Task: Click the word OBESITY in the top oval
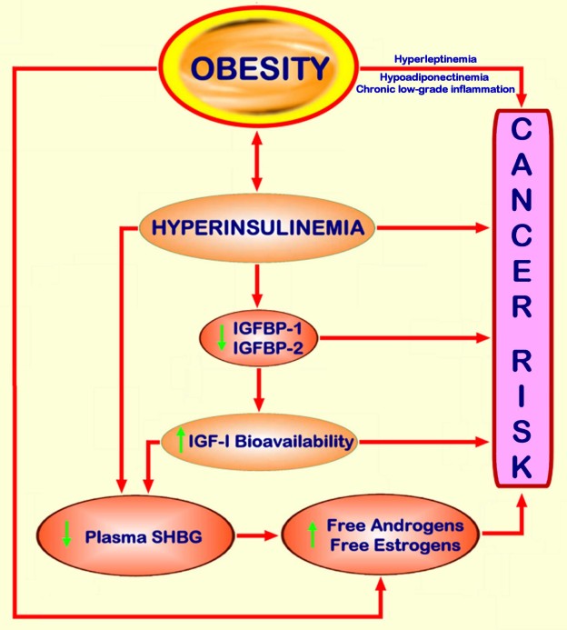coord(260,68)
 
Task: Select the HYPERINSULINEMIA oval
coord(257,228)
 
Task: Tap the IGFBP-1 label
coord(267,329)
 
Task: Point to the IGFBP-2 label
coord(268,348)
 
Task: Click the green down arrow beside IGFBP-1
coord(222,338)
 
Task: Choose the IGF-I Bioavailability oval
coord(259,442)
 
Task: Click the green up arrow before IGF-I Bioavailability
coord(181,440)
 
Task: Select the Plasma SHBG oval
coord(135,536)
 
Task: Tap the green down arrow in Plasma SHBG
coord(66,534)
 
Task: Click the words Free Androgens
coord(395,525)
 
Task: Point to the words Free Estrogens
coord(395,545)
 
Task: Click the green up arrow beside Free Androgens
coord(312,535)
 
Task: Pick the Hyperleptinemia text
coord(435,59)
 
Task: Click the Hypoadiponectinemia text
coord(434,76)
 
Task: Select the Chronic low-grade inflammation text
coord(435,89)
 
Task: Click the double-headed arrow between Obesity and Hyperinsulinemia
coord(257,161)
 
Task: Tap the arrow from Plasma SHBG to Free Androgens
coord(257,535)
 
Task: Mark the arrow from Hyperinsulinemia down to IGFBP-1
coord(257,285)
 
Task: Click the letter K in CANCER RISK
coord(522,465)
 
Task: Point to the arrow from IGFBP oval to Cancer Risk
coord(404,338)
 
